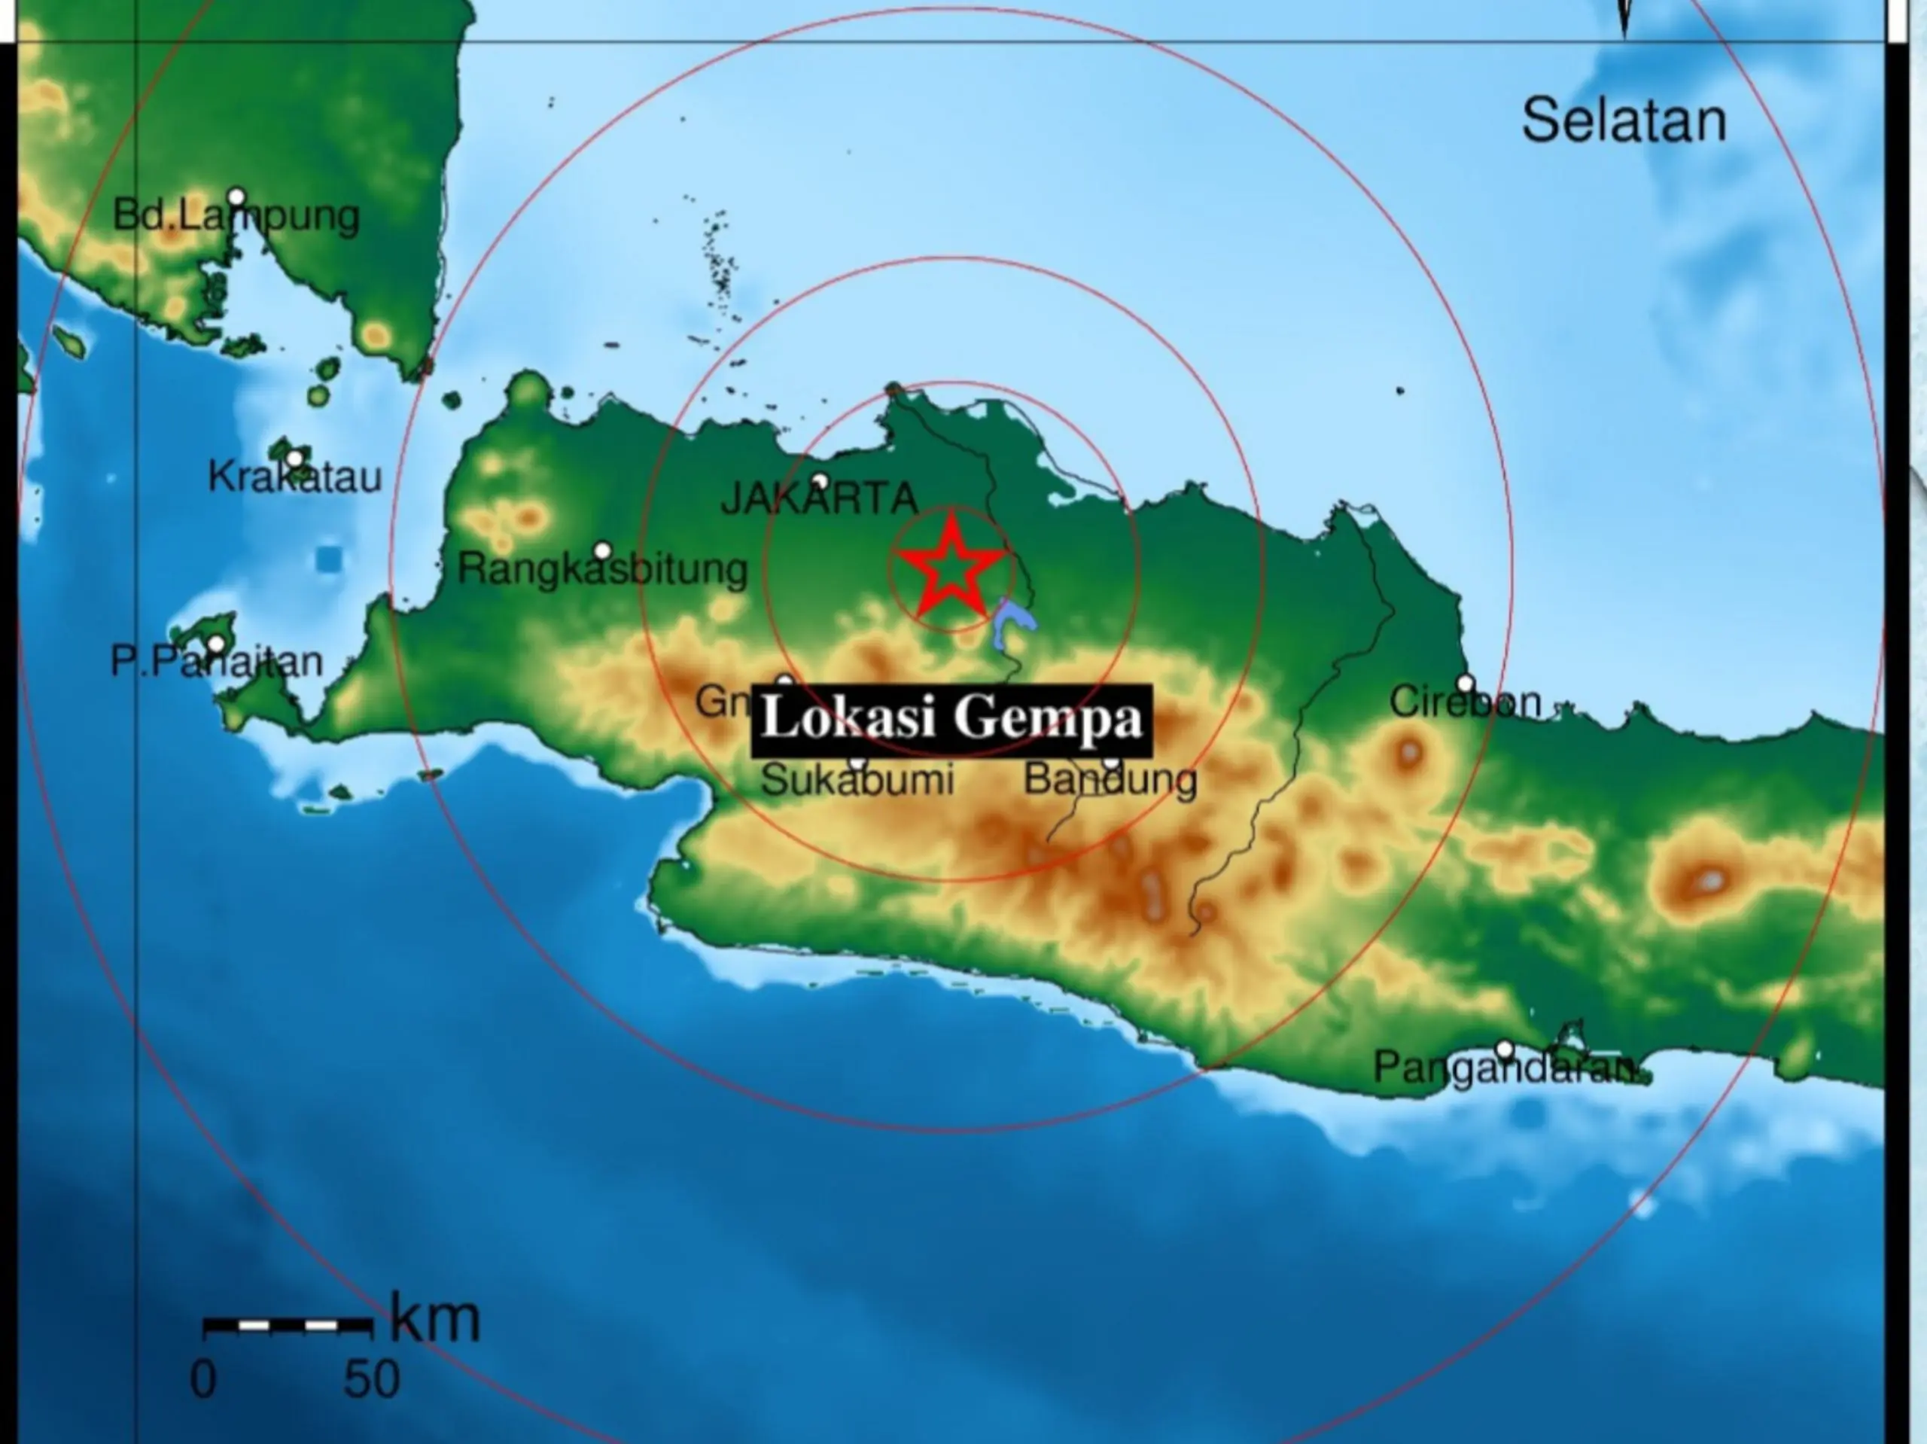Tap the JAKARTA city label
[x=820, y=499]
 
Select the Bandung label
[x=1110, y=778]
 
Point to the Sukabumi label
[x=857, y=779]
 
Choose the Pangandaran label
[x=1505, y=1068]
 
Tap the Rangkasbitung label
[x=603, y=569]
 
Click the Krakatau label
[x=294, y=477]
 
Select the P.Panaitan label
[x=216, y=663]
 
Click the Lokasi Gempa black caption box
[x=951, y=719]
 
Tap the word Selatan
[x=1624, y=121]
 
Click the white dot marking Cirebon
[x=1466, y=683]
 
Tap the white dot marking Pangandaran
[x=1505, y=1048]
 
